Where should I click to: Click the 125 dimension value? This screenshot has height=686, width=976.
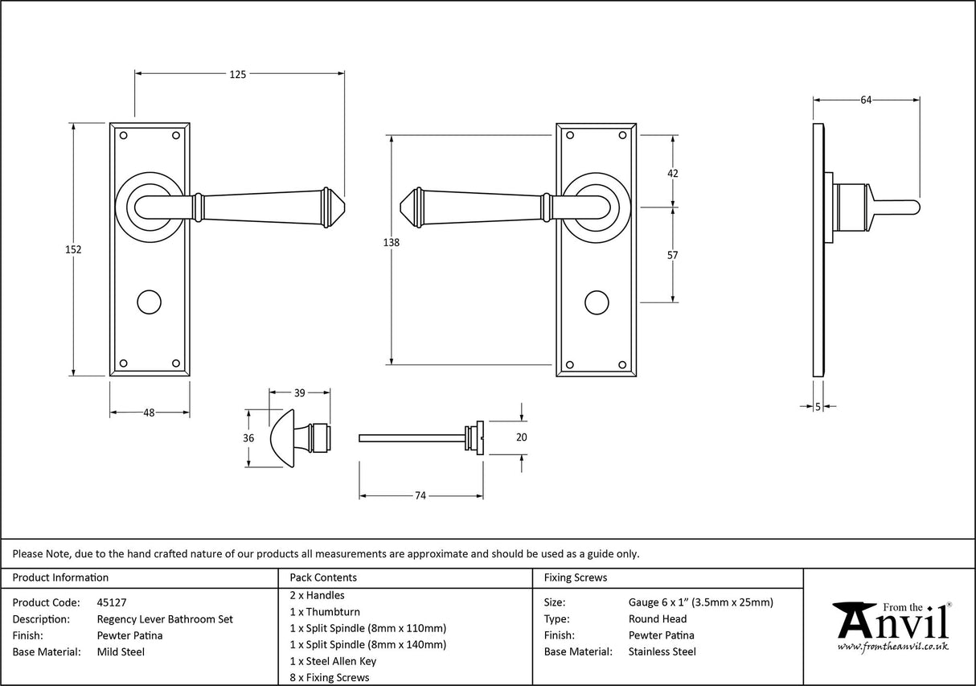[x=238, y=74]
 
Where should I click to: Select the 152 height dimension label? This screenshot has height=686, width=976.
[x=73, y=249]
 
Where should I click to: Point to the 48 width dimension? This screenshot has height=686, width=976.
[x=149, y=413]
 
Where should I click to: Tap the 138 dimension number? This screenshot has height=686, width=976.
[x=392, y=242]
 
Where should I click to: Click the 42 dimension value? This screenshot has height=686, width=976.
[x=673, y=174]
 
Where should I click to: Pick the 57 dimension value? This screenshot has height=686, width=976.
[x=673, y=256]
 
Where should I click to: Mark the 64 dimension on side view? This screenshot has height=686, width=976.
[x=866, y=100]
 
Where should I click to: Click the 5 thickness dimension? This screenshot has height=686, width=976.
[x=818, y=408]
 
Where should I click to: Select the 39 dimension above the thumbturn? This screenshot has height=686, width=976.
[x=299, y=393]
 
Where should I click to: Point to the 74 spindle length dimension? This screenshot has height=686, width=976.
[x=420, y=496]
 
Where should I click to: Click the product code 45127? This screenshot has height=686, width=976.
[x=111, y=602]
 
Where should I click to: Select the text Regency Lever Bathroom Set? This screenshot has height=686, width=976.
[x=165, y=619]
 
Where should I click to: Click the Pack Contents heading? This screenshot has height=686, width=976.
[x=322, y=577]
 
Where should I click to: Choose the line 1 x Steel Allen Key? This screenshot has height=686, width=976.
[x=333, y=661]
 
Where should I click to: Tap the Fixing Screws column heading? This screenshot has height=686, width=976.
[x=576, y=577]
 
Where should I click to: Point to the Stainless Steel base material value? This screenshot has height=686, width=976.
[x=662, y=651]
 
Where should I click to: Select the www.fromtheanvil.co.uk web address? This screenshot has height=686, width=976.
[x=892, y=647]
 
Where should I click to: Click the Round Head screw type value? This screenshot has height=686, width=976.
[x=657, y=618]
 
